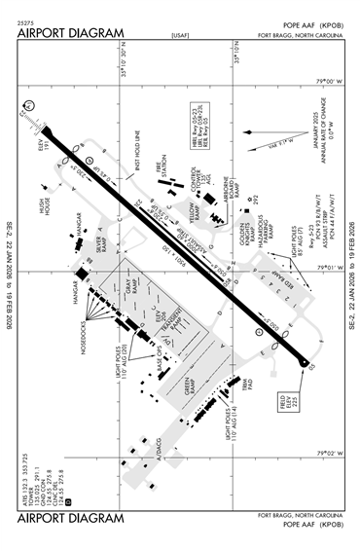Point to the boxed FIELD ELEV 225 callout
point(292,400)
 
